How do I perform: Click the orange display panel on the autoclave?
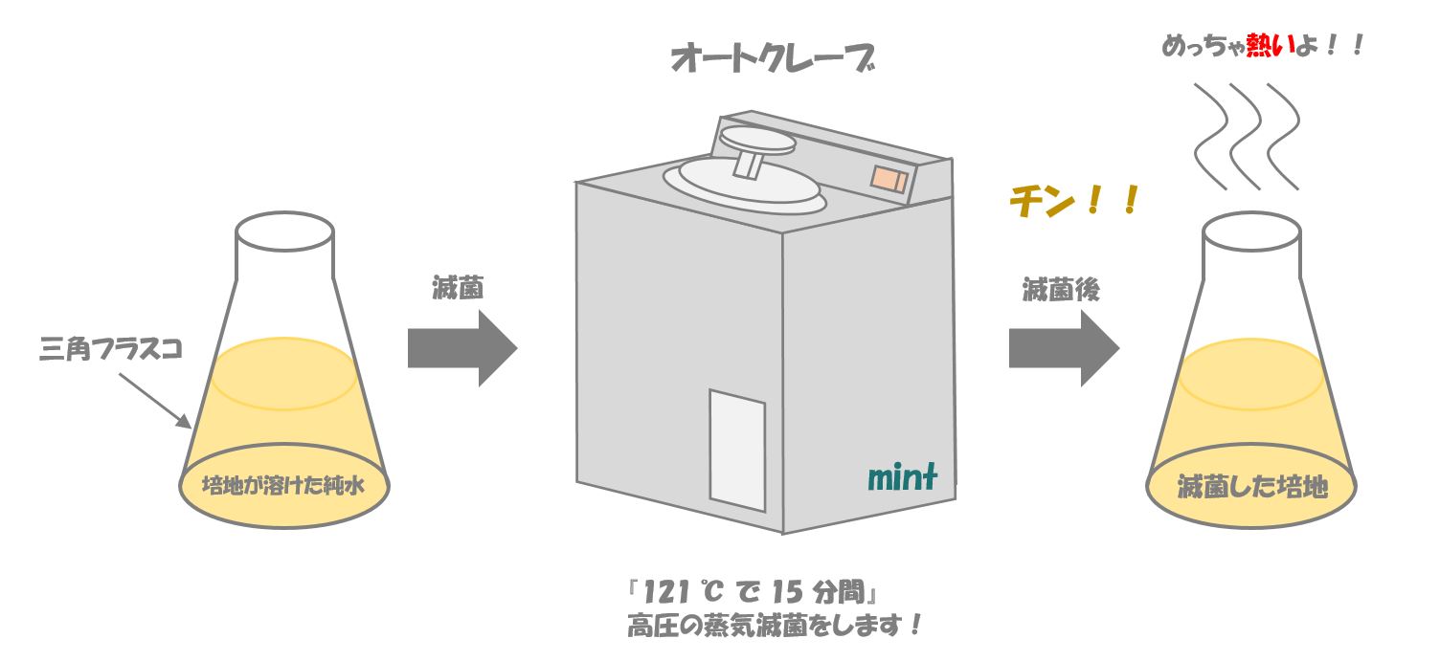point(889,179)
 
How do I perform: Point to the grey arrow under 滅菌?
point(462,348)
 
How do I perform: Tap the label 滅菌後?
point(1061,290)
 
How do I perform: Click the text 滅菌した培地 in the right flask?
point(1251,486)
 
